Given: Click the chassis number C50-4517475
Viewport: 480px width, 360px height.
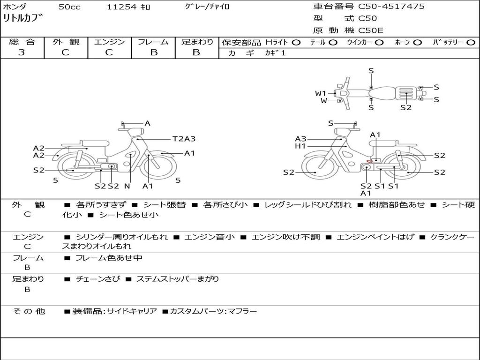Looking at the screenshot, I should tap(391, 7).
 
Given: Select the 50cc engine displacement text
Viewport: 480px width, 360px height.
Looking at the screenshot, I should tap(69, 7).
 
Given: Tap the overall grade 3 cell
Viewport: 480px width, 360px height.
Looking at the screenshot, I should tap(22, 52).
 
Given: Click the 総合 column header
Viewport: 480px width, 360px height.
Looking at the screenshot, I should tap(22, 42).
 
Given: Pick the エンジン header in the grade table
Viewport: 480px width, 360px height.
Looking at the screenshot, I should tap(109, 42).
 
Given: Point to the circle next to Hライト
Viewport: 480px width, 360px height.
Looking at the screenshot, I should tap(296, 42).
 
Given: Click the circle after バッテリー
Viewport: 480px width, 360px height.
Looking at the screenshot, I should tap(471, 42).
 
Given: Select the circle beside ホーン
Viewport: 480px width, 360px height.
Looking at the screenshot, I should tap(418, 42).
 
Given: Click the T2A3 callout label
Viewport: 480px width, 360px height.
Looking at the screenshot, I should tap(184, 139).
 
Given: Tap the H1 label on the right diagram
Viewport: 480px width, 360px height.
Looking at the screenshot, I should tap(300, 146).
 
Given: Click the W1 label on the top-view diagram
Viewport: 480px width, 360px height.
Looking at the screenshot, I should tap(321, 93).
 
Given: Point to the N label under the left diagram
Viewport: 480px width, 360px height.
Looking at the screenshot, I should tap(127, 186).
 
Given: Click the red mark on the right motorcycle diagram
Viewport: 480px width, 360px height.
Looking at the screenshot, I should tap(369, 162).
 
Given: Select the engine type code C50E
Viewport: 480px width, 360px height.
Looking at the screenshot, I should tap(371, 30).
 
